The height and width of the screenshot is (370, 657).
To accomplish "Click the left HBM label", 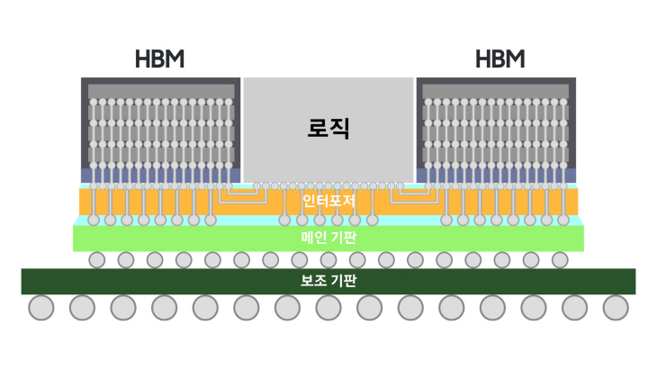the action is [x=159, y=59].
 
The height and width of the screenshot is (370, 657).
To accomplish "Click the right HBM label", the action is [x=500, y=59].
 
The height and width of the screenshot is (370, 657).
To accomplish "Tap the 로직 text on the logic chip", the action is [x=328, y=128].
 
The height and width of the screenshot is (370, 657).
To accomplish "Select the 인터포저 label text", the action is [x=328, y=201].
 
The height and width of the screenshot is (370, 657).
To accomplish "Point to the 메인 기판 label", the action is [x=328, y=238].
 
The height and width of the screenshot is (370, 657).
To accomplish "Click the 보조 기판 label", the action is [x=328, y=280].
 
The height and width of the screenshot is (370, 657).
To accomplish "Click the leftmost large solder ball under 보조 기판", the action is [x=41, y=308].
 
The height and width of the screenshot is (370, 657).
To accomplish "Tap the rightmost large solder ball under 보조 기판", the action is [x=616, y=308].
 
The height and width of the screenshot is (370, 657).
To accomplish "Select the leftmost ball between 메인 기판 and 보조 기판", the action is [x=97, y=260].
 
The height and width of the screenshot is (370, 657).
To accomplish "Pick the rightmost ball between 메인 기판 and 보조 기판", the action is [x=560, y=260].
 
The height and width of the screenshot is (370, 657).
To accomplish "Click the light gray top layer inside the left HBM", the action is [x=161, y=91].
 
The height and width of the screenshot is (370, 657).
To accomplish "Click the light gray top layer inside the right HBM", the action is [x=496, y=91].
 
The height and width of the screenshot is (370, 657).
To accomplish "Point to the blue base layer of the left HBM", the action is [x=161, y=176].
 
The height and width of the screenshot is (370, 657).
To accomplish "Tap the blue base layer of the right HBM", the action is [x=496, y=176].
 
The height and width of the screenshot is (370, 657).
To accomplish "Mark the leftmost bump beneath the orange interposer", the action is [x=94, y=220].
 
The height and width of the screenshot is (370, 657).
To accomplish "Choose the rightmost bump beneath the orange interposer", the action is [x=563, y=220].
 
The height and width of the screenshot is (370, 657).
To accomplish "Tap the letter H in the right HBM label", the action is [x=482, y=59].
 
